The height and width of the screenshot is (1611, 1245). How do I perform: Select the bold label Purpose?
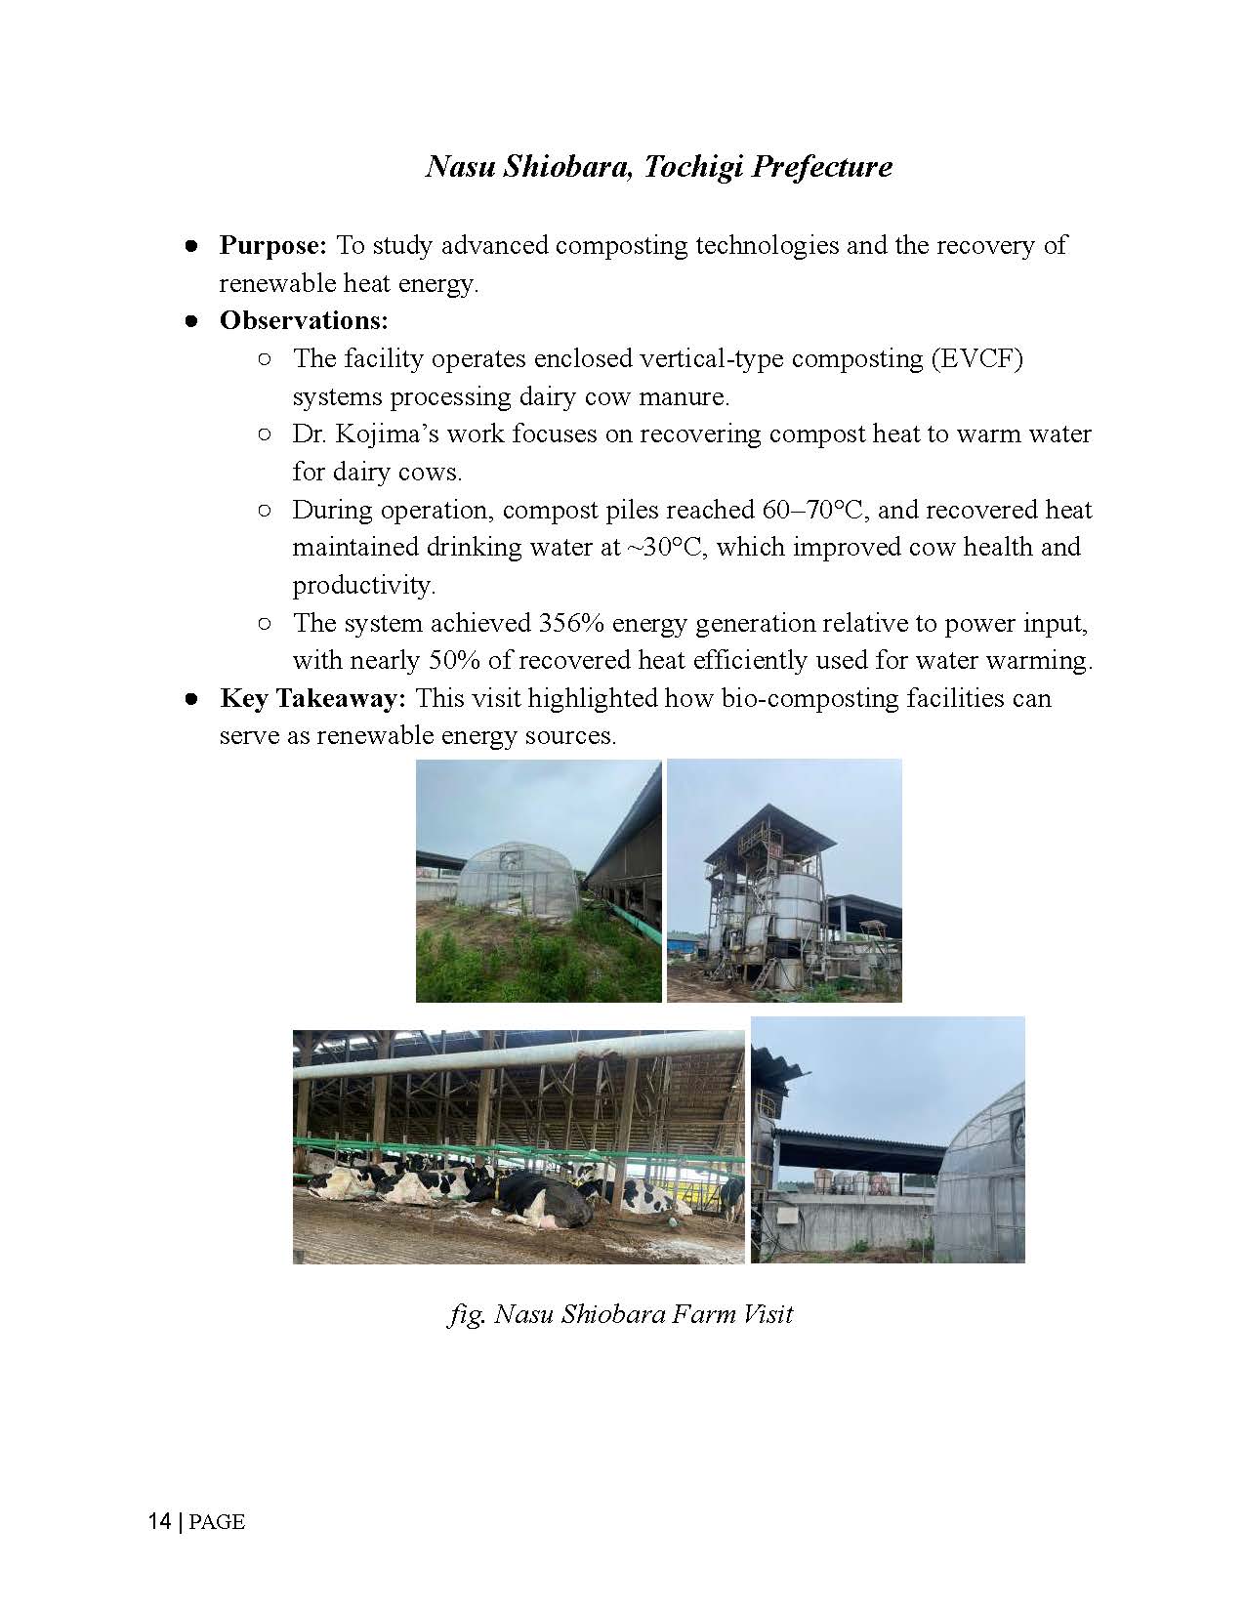coord(272,245)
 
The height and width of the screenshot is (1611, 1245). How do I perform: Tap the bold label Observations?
coord(304,320)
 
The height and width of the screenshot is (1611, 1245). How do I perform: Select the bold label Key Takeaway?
coord(312,699)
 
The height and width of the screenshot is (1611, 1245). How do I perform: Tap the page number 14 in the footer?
coord(159,1521)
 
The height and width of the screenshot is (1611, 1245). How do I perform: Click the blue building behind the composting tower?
coord(684,943)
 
